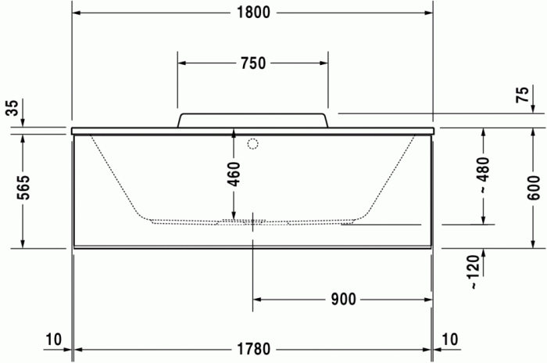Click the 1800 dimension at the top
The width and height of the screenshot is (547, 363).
click(x=252, y=13)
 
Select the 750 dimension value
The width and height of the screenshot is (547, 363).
click(x=252, y=63)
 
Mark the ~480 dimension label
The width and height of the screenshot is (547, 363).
click(x=484, y=177)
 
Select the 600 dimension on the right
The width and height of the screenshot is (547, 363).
click(x=534, y=188)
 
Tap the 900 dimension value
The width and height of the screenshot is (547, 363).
click(x=344, y=299)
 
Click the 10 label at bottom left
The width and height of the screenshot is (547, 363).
click(x=53, y=340)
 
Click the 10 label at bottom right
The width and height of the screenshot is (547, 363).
click(x=452, y=340)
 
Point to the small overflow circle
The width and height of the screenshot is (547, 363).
click(x=252, y=144)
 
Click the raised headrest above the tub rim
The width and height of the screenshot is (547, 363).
click(x=252, y=120)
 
